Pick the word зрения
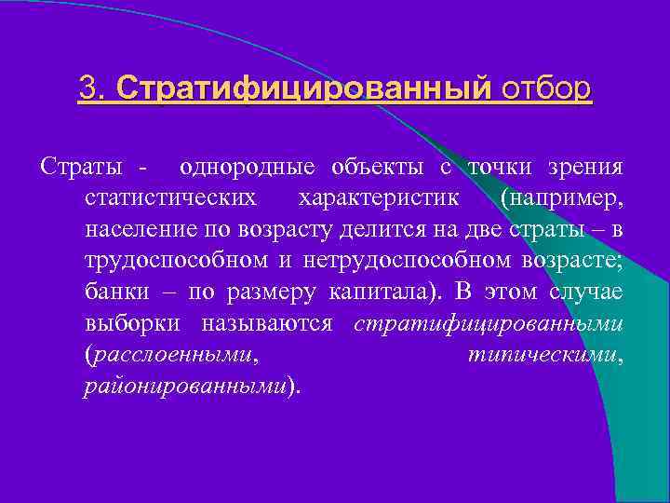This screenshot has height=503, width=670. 583,168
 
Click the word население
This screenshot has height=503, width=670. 132,229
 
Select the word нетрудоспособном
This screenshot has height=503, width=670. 392,260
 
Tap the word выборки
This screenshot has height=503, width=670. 126,322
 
